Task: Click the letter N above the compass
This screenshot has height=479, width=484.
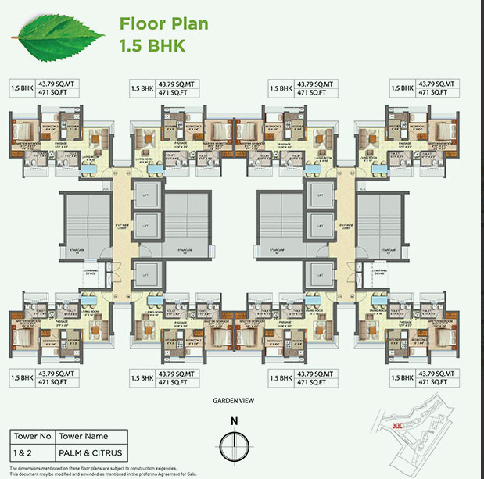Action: (x=234, y=423)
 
